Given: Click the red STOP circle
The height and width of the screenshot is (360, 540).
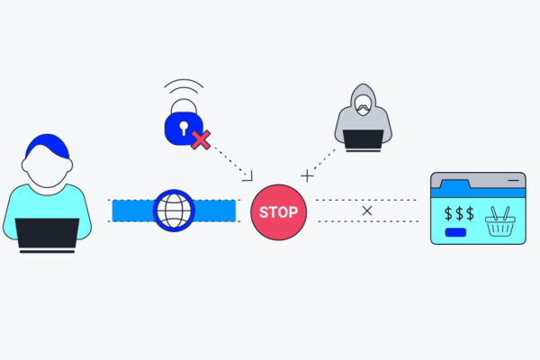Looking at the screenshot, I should click(278, 212).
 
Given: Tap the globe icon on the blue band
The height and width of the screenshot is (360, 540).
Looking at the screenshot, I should click(174, 211).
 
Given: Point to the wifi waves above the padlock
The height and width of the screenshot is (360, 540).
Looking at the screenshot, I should click(183, 92).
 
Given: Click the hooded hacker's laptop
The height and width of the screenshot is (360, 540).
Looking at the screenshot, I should click(360, 140).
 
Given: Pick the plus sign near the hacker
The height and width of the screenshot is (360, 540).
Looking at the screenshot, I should click(307, 175).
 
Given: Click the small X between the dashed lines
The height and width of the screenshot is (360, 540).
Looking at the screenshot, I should click(367, 211).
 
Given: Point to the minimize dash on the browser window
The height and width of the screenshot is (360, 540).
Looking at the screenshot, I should click(512, 181).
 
